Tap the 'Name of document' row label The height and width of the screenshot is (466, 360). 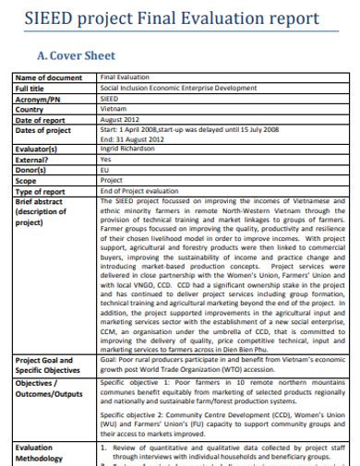pyautogui.click(x=50, y=78)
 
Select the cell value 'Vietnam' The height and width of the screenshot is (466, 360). pyautogui.click(x=114, y=107)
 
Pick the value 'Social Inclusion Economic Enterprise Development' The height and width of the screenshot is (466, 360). pyautogui.click(x=178, y=88)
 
